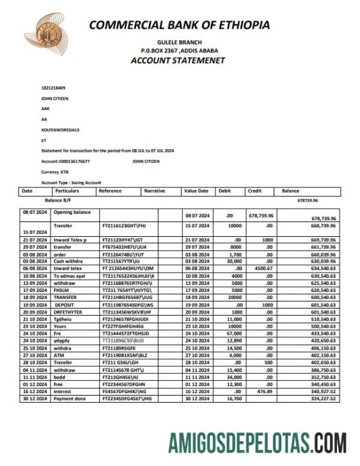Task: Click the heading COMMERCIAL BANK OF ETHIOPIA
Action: click(x=179, y=25)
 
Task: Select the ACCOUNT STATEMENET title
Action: click(x=178, y=61)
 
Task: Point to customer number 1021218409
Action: click(x=54, y=88)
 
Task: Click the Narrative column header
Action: click(x=155, y=191)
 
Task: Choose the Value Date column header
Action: click(x=196, y=191)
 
